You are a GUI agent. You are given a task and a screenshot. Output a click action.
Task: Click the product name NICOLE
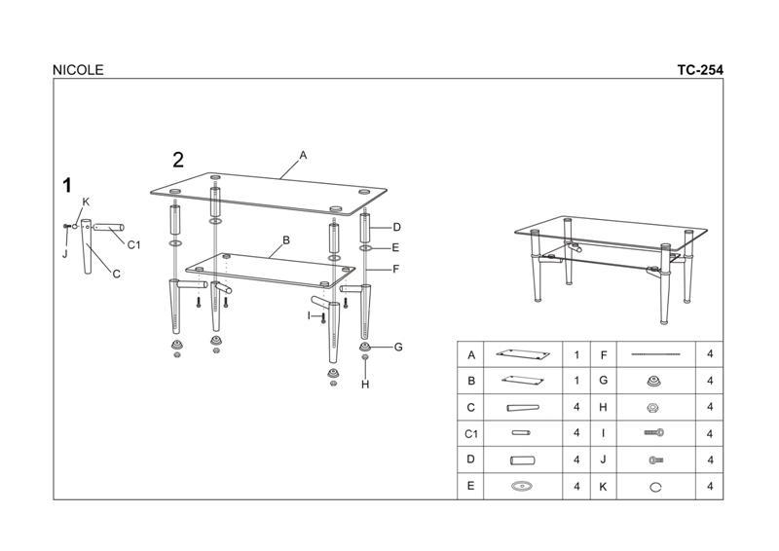click(x=78, y=70)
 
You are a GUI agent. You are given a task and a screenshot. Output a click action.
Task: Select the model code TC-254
click(x=700, y=70)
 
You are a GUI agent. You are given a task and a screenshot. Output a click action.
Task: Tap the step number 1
click(x=67, y=185)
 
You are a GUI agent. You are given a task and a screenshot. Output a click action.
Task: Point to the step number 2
click(x=178, y=160)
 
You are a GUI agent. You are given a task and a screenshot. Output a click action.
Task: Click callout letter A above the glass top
click(x=303, y=156)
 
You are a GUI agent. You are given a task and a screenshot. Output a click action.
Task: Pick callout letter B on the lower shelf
click(x=286, y=240)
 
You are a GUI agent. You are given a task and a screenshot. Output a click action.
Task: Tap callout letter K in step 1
click(x=86, y=202)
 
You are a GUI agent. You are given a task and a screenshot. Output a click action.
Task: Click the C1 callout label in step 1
click(x=133, y=245)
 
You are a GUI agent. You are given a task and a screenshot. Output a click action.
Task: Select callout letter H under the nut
click(x=365, y=385)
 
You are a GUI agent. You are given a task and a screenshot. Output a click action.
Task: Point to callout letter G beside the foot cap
click(x=398, y=348)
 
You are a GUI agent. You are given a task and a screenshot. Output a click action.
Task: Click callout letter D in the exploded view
click(x=396, y=228)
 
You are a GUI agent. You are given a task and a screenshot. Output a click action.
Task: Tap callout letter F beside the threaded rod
click(x=396, y=270)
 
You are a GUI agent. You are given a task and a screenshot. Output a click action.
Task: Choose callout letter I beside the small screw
click(x=309, y=316)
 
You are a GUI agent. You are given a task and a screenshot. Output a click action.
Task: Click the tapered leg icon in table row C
click(x=523, y=408)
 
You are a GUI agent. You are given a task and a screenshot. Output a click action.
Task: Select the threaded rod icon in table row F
click(x=655, y=354)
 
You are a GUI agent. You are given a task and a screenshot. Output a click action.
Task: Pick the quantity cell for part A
click(x=576, y=354)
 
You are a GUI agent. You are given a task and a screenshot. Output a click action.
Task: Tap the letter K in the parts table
click(x=603, y=487)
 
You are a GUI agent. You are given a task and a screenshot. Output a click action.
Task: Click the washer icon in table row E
click(x=522, y=486)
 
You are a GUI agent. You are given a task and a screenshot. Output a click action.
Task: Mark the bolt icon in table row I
click(x=654, y=433)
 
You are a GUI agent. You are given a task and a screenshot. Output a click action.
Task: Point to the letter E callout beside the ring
click(x=395, y=247)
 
